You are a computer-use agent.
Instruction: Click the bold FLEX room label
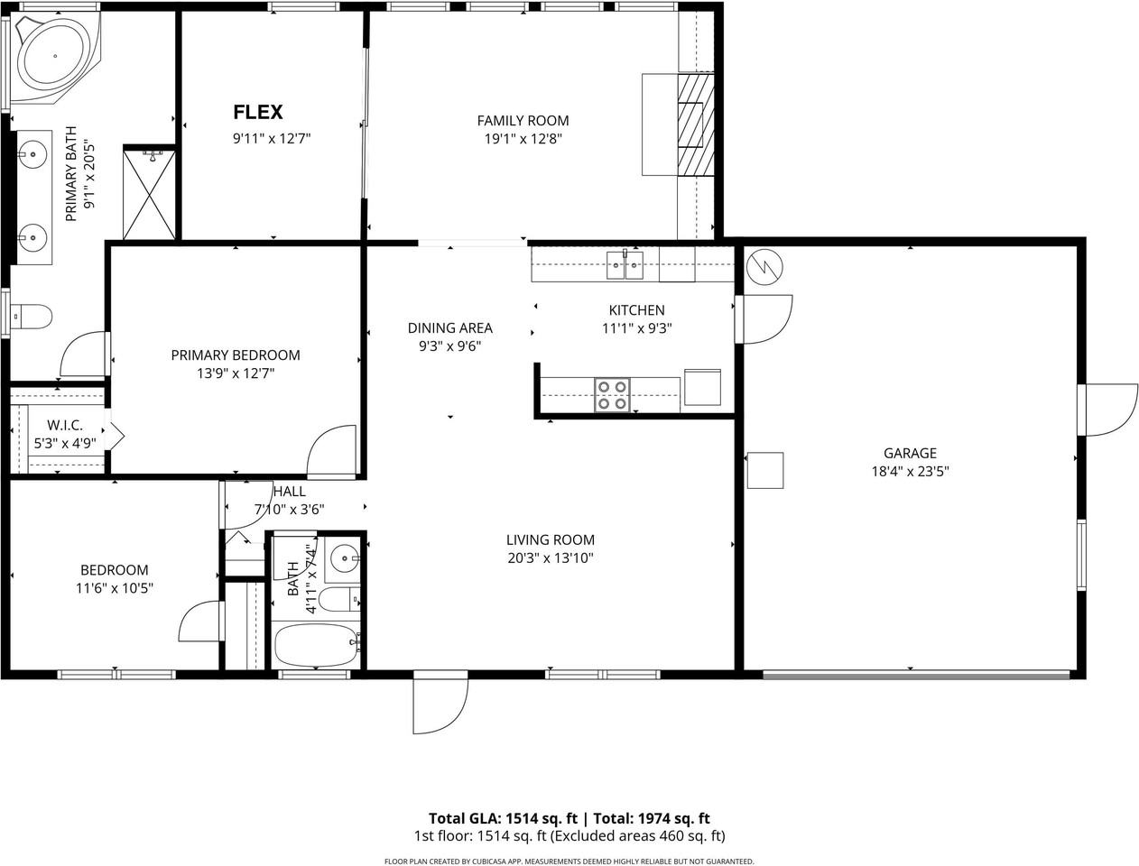click(x=258, y=112)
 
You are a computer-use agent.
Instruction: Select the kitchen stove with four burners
click(x=612, y=395)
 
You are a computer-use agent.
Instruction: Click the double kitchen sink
click(x=625, y=264)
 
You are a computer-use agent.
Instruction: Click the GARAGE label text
click(x=909, y=453)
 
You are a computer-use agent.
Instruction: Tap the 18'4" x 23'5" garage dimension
click(x=909, y=471)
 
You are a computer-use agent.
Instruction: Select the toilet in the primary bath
click(x=32, y=317)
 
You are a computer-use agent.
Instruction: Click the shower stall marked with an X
click(x=149, y=194)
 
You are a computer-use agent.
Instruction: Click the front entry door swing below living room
click(x=440, y=704)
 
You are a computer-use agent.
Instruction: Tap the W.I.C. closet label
click(x=65, y=425)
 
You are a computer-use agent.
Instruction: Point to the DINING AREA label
click(x=449, y=328)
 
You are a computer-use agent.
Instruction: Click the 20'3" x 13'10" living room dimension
click(x=550, y=557)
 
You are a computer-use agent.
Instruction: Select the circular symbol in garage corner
click(x=764, y=266)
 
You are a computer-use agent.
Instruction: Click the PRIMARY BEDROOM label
click(x=236, y=355)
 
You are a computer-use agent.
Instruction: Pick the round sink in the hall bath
click(x=344, y=558)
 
